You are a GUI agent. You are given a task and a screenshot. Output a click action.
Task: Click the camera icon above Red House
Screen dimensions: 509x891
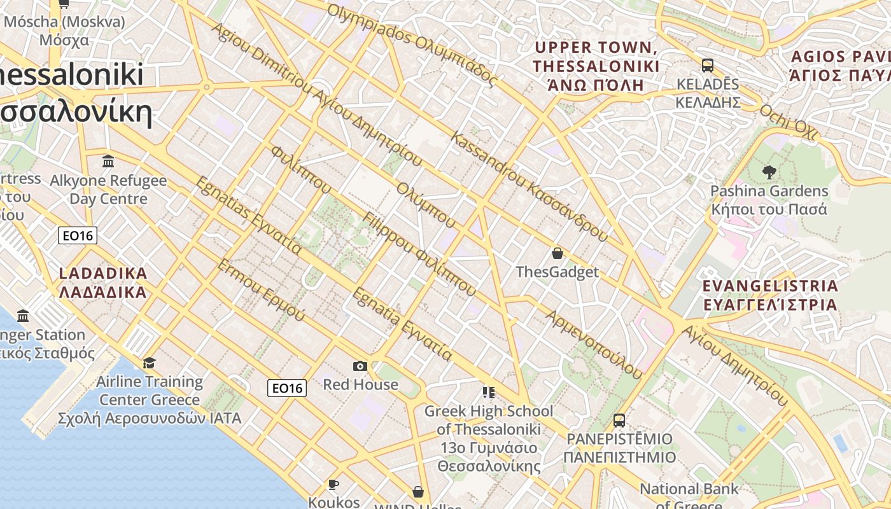click(360, 366)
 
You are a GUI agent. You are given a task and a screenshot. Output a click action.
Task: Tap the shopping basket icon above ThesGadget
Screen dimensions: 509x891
click(558, 253)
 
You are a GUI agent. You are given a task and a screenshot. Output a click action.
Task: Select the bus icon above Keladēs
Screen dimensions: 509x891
click(707, 65)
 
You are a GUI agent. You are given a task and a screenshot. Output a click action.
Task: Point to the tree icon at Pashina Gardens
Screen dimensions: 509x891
click(769, 172)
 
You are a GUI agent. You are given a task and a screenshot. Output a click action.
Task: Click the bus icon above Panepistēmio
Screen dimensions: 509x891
click(619, 420)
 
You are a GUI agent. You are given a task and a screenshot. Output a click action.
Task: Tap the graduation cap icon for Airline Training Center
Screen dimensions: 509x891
click(149, 363)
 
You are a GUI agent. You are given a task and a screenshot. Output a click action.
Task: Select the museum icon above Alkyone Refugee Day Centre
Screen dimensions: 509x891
click(108, 161)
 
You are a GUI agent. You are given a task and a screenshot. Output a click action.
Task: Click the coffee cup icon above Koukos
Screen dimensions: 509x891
click(333, 485)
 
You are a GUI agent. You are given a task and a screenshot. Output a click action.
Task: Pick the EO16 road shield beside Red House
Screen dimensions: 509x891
click(287, 388)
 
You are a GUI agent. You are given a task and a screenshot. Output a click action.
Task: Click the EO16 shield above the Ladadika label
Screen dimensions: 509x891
click(78, 236)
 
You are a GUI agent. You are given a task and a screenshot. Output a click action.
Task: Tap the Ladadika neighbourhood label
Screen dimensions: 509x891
click(102, 283)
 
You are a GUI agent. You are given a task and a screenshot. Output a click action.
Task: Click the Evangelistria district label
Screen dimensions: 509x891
click(770, 295)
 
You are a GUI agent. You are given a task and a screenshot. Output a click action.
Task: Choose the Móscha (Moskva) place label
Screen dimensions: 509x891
click(64, 31)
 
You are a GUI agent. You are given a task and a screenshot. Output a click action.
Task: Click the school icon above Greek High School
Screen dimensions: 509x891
click(488, 392)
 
